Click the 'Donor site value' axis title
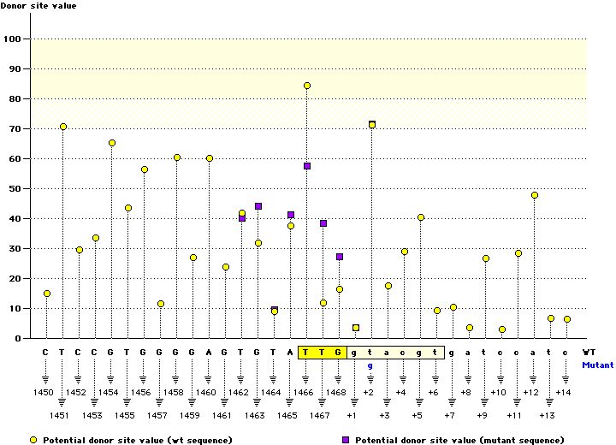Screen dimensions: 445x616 pos(38,6)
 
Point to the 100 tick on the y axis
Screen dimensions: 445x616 pos(15,39)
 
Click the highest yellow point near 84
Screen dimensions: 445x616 pos(307,86)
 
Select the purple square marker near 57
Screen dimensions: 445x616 pos(307,166)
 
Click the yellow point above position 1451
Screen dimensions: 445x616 pos(63,127)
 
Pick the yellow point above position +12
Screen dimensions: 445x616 pos(535,195)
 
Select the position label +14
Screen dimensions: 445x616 pos(562,393)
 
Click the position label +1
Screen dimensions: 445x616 pos(352,415)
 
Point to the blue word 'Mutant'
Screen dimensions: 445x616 pos(597,365)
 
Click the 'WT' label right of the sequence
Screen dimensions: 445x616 pos(589,352)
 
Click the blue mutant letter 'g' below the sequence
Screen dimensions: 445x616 pos(370,365)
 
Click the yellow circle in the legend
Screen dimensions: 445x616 pos(33,439)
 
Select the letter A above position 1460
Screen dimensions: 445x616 pos(209,352)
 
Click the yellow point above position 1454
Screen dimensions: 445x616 pos(112,143)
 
